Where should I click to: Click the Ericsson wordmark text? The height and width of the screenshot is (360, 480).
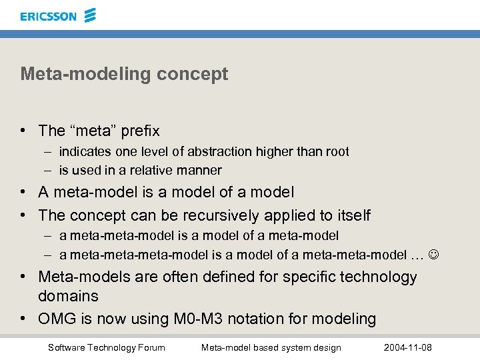pos(48,15)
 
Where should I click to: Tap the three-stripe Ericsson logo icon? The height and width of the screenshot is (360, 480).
pos(90,15)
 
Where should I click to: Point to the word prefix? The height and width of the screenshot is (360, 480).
pos(141,131)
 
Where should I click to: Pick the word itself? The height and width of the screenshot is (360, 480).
pos(351,215)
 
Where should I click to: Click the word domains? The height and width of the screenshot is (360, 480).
pos(68,296)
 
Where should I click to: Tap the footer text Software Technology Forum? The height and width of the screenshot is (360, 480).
pos(107,347)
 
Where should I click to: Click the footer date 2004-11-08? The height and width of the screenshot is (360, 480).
pos(407,347)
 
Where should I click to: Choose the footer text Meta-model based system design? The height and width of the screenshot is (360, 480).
pos(271,347)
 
